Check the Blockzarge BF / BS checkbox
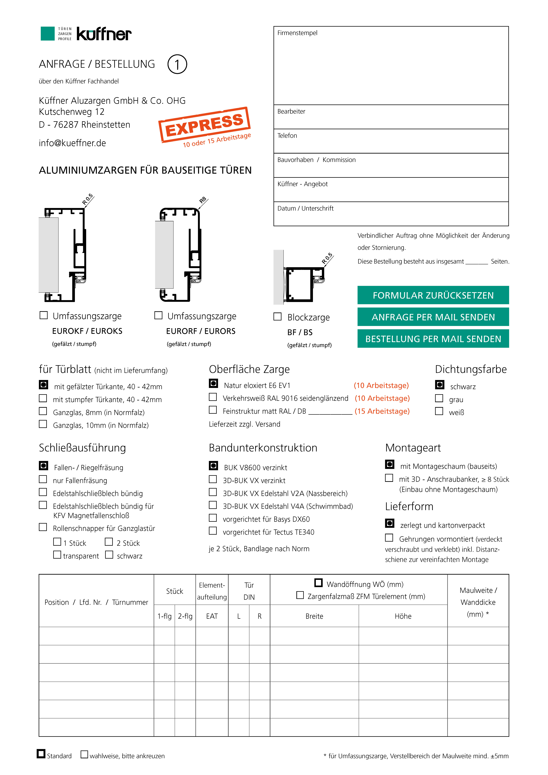point(277,317)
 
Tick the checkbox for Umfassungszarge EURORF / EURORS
point(158,315)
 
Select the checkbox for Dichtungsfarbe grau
point(439,398)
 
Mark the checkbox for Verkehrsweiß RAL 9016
point(213,397)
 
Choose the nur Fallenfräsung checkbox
point(43,479)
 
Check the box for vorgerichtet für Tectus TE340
point(213,531)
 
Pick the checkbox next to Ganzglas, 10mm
point(43,424)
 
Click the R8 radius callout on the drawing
point(203,200)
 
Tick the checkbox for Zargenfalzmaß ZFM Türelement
point(300,595)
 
